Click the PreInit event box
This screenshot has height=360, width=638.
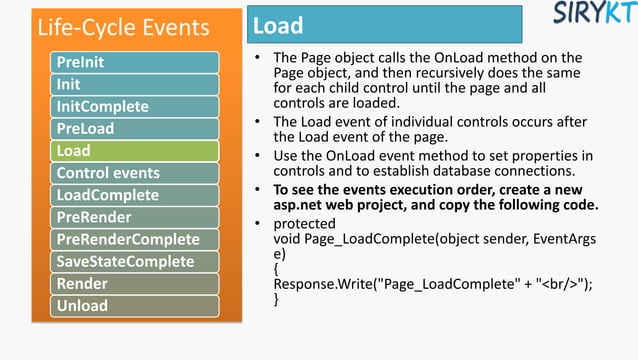[135, 63]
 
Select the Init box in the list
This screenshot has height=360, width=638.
[135, 84]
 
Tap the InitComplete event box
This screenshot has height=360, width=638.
[135, 106]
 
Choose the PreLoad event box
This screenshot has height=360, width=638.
[135, 129]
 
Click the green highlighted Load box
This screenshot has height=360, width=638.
[135, 151]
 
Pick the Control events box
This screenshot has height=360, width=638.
[135, 173]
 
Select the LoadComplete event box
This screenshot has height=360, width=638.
[135, 195]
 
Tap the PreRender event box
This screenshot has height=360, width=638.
[135, 217]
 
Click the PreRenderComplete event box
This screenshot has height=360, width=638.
[135, 239]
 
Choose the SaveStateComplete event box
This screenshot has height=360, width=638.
[135, 261]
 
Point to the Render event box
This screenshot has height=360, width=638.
[135, 283]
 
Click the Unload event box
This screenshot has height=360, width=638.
[135, 305]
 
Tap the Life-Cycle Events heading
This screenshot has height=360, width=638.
[123, 26]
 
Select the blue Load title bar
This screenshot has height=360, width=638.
[384, 25]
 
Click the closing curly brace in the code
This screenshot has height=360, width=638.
[277, 301]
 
